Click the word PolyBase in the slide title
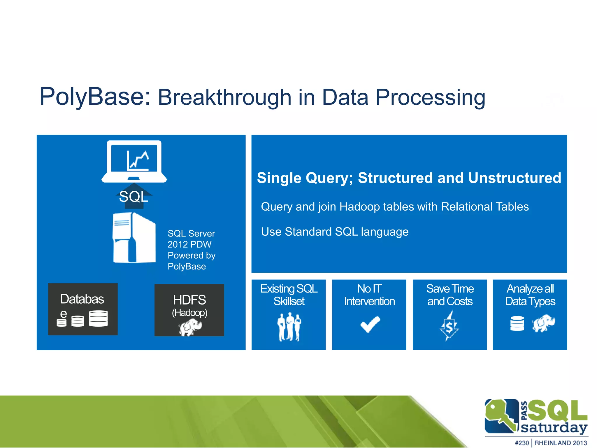point(95,97)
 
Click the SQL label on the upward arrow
point(134,197)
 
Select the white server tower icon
point(134,238)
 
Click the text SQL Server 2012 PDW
point(191,239)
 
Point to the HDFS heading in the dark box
point(189,300)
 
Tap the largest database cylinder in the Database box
point(98,318)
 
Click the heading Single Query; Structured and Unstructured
point(409,178)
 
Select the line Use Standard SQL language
point(335,232)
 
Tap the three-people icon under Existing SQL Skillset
point(289,327)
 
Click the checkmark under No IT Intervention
point(370,324)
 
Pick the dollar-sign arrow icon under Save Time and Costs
point(449,326)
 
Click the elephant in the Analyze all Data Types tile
point(544,323)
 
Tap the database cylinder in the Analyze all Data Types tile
point(517,323)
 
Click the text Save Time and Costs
point(450,295)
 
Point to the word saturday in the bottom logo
point(554,428)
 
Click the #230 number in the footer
point(522,443)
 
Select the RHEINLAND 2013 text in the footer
point(560,443)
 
